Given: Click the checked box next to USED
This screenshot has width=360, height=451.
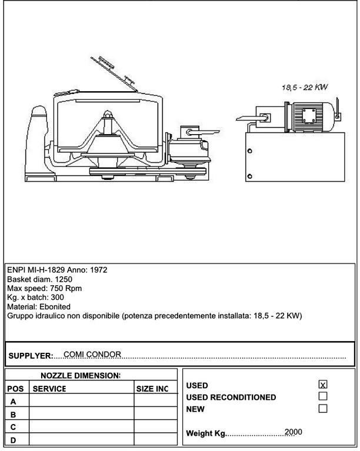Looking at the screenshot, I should point(322,385).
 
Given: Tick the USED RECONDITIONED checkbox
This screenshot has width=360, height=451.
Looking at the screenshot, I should point(322,396).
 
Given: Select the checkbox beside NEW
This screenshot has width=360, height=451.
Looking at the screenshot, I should point(322,408).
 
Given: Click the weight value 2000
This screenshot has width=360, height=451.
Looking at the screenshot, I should point(293,432).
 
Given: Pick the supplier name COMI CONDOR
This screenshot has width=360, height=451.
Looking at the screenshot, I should point(92,354).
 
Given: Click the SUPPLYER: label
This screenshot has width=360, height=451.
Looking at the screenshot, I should point(31,356).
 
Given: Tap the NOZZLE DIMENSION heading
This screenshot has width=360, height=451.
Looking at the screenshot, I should point(80,375).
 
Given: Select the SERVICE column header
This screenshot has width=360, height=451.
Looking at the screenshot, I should point(49,389).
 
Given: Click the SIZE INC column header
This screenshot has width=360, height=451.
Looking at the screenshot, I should point(152,389).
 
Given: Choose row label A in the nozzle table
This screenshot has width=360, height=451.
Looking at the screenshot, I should point(14,402).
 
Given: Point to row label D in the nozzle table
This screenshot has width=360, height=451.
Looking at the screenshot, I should point(14,439).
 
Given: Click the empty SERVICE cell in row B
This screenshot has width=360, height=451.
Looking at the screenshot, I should point(81,414).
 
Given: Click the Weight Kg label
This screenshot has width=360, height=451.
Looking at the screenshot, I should point(206,433).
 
